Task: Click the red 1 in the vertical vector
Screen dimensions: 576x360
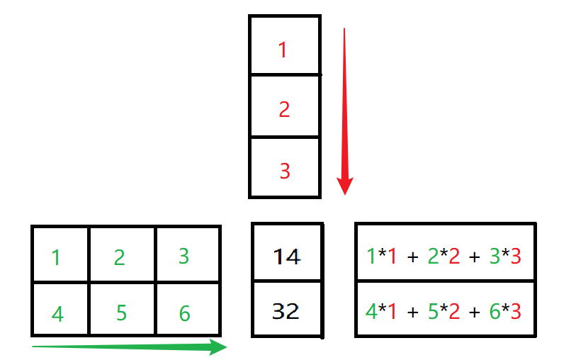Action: click(283, 50)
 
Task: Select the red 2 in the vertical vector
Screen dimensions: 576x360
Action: click(284, 110)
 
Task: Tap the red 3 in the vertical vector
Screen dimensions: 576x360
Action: click(284, 171)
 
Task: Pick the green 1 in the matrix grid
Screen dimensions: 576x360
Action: click(56, 257)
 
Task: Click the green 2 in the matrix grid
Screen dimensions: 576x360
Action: click(119, 257)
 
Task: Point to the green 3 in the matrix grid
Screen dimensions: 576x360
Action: click(183, 255)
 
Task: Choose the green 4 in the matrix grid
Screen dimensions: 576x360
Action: click(57, 313)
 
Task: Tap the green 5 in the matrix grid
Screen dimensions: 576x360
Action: click(120, 313)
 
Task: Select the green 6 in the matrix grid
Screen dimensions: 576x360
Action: click(184, 313)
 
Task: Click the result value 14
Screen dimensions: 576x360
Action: click(287, 256)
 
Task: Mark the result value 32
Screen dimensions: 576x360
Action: click(286, 310)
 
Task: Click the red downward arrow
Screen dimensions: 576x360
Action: click(344, 113)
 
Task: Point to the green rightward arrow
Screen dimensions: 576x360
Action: click(129, 347)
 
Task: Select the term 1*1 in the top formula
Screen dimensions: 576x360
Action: click(381, 255)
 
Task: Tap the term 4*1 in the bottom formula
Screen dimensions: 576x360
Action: click(381, 311)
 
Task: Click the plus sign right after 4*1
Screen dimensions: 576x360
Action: click(413, 312)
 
